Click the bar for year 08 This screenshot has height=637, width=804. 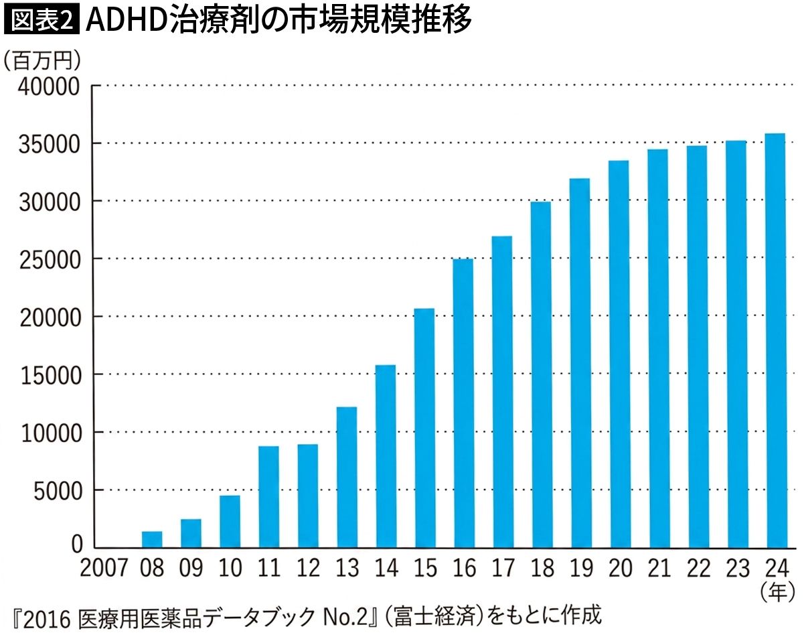point(152,540)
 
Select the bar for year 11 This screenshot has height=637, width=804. point(269,497)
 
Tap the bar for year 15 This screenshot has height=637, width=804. point(425,429)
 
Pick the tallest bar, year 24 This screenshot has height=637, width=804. point(776,341)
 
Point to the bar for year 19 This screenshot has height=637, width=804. point(581,363)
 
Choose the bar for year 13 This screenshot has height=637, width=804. point(347,478)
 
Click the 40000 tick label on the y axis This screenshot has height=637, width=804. point(49,87)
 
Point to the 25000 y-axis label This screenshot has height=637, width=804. point(50,261)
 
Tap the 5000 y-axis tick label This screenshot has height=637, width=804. point(58,492)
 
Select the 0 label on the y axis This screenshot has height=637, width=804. point(76,545)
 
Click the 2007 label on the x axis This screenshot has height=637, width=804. point(104,568)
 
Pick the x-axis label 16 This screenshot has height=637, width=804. point(465,568)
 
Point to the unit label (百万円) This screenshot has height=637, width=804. point(42,60)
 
